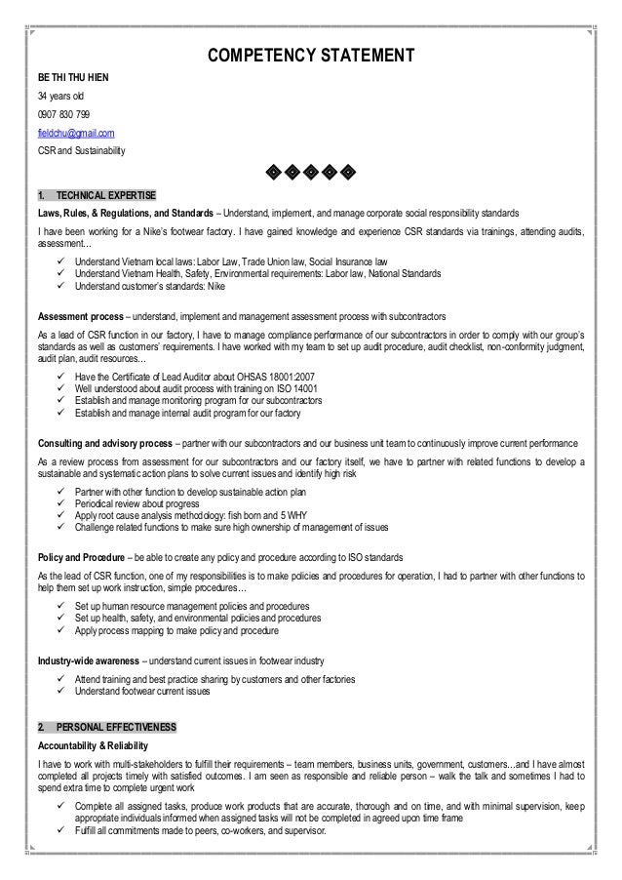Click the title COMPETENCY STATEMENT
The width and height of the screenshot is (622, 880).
(x=311, y=54)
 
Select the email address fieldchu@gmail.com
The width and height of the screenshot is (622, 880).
(x=76, y=133)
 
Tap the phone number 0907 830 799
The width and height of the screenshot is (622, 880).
(x=64, y=114)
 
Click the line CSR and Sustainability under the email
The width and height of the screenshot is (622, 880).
(x=74, y=152)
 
